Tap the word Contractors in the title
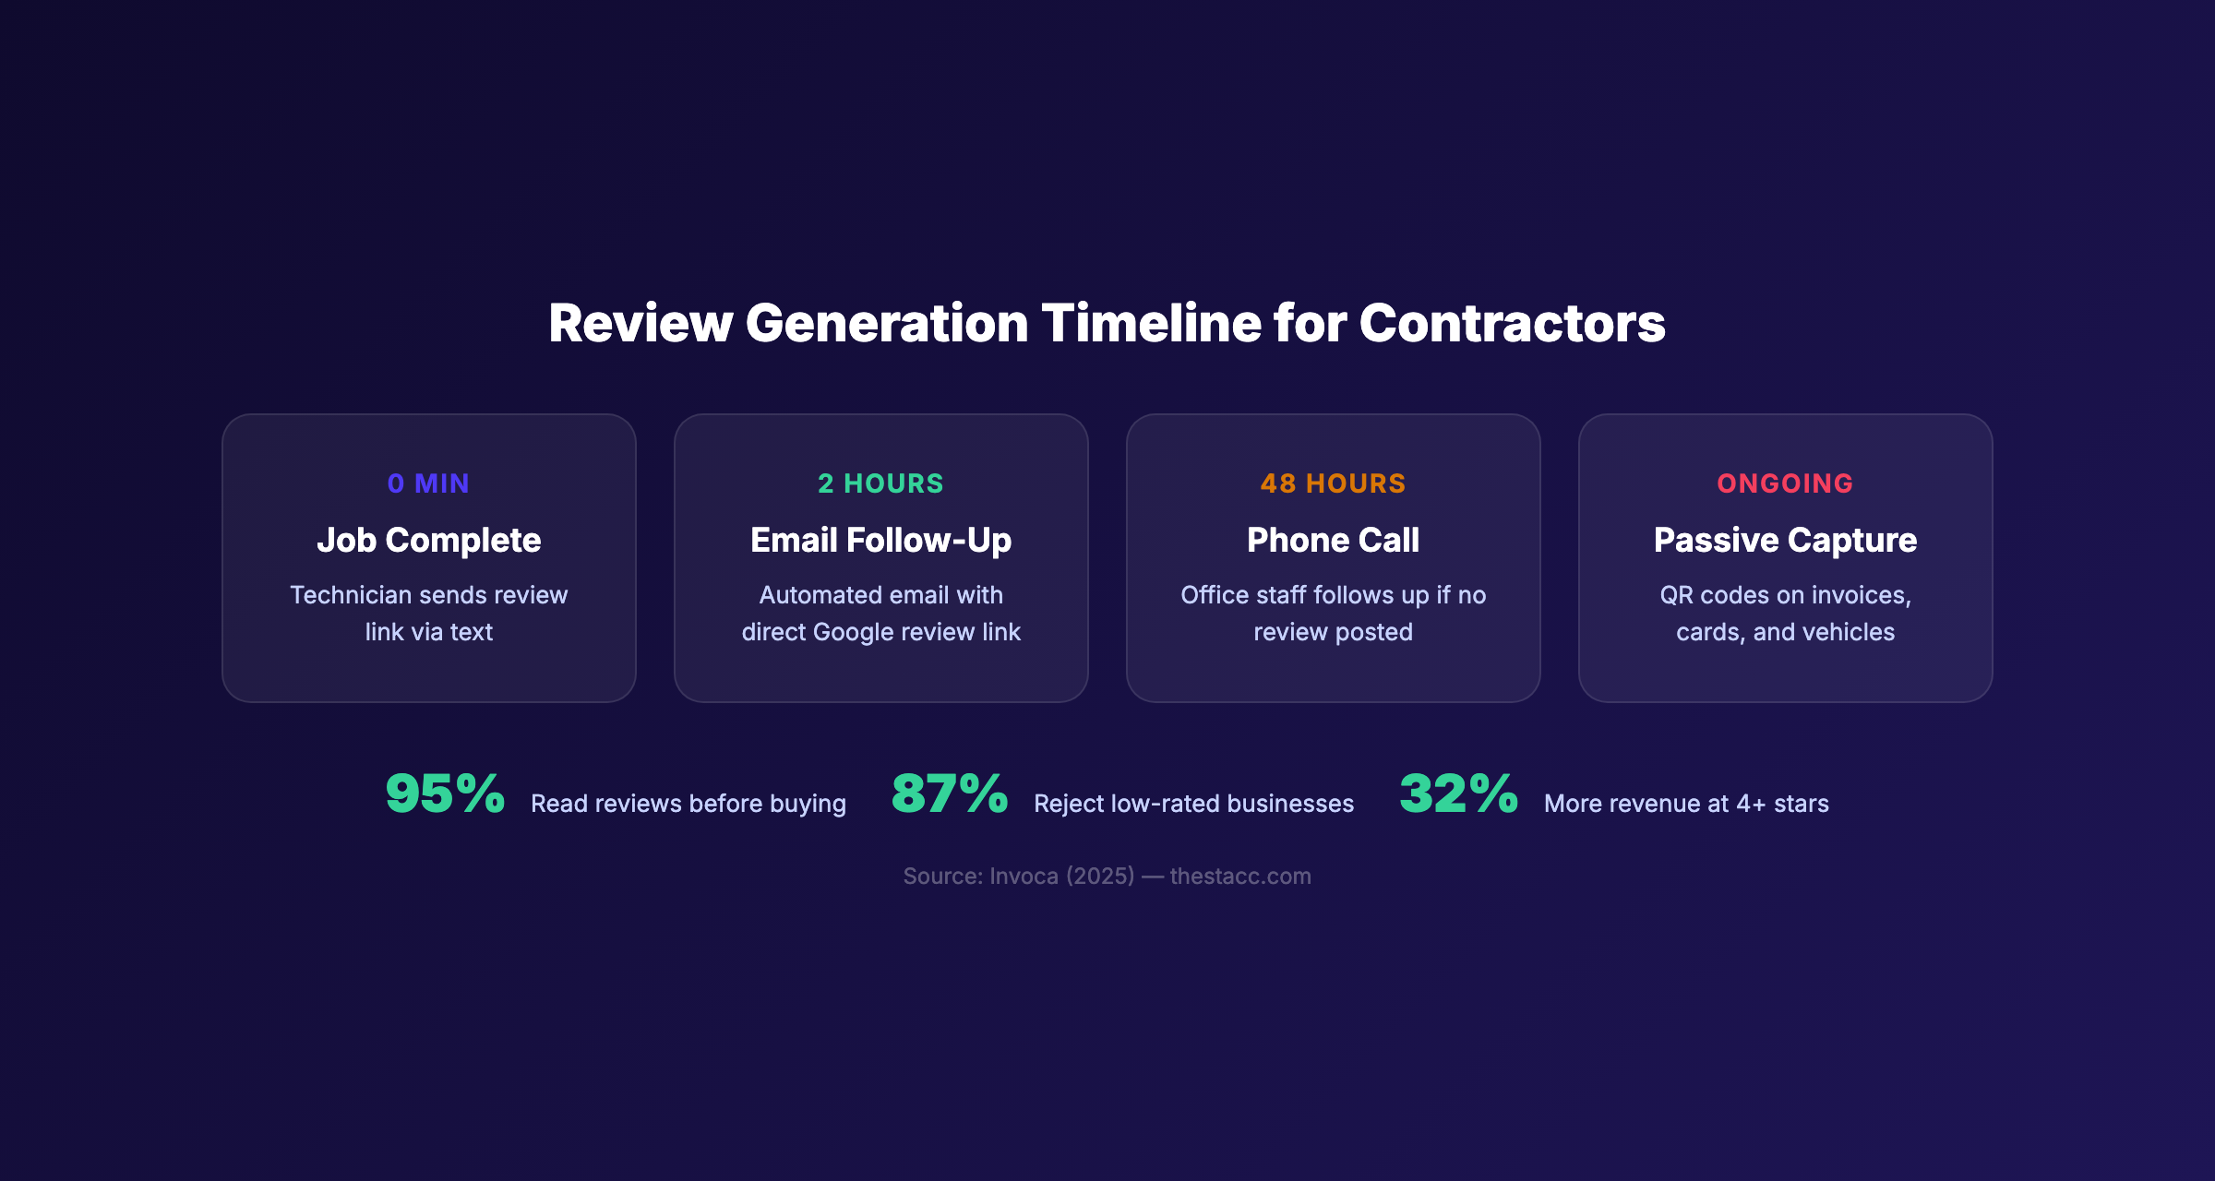(x=1512, y=324)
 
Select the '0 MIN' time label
(x=428, y=483)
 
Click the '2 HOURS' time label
(x=880, y=483)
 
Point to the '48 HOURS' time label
(x=1333, y=483)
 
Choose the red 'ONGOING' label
(x=1785, y=483)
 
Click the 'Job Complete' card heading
(x=428, y=540)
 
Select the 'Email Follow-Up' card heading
(x=880, y=540)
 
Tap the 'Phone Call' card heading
(x=1333, y=540)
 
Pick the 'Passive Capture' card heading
(x=1785, y=540)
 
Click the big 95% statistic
(x=445, y=793)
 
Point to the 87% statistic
(x=950, y=793)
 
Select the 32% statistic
(x=1458, y=793)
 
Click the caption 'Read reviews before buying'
(x=688, y=804)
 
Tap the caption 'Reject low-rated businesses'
(x=1193, y=804)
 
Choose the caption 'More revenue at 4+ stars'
(x=1686, y=804)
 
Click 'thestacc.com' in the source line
(x=1240, y=876)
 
